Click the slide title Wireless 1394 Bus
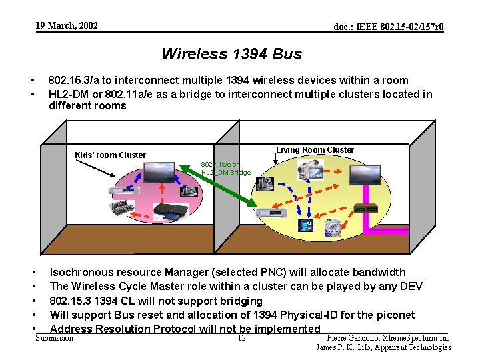click(x=231, y=54)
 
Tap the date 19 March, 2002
click(x=67, y=26)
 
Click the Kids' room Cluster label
click(x=110, y=155)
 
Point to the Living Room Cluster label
click(x=315, y=150)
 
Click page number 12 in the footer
click(x=241, y=338)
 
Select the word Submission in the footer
click(x=54, y=338)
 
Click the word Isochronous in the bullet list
click(x=83, y=272)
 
